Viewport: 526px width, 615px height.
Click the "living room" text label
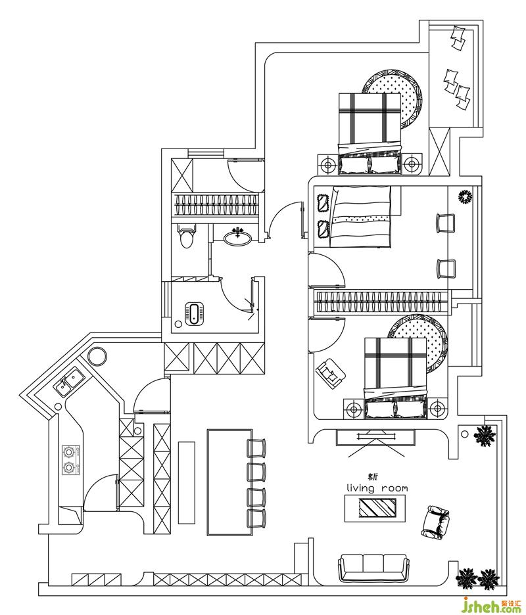(x=377, y=488)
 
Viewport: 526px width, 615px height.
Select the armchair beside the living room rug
(x=437, y=522)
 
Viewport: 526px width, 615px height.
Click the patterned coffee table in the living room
(x=377, y=508)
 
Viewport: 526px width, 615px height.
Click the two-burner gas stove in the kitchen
(x=70, y=460)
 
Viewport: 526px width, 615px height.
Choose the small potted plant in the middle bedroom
(x=465, y=196)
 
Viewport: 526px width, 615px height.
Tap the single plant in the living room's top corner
(x=485, y=436)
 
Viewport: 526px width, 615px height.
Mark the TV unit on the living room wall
(x=376, y=438)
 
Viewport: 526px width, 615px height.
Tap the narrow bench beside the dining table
(x=187, y=482)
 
